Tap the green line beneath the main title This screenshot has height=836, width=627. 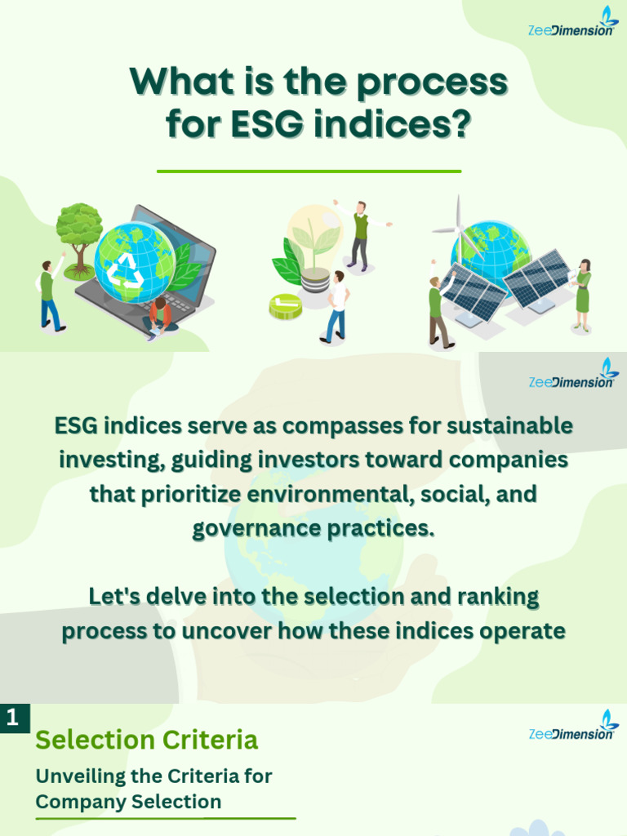pyautogui.click(x=309, y=171)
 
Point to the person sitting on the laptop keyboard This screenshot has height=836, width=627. pyautogui.click(x=159, y=316)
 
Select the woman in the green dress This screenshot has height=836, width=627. pyautogui.click(x=582, y=295)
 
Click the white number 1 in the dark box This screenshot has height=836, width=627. pyautogui.click(x=12, y=718)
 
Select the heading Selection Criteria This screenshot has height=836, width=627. pyautogui.click(x=147, y=740)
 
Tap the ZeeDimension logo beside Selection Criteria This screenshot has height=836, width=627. pyautogui.click(x=574, y=726)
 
